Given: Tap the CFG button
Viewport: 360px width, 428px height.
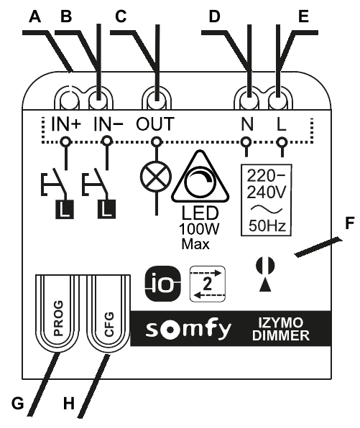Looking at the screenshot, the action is pos(108,314).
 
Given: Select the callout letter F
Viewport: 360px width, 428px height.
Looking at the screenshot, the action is pos(350,223).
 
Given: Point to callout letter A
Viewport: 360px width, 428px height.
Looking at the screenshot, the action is pos(35,17).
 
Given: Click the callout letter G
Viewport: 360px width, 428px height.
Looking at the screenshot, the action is pos(18,403).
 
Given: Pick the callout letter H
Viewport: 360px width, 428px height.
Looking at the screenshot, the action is pos(69,403).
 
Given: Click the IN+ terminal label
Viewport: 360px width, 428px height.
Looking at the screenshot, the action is pos(66,124).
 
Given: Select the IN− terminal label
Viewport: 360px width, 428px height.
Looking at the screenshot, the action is pos(109,124).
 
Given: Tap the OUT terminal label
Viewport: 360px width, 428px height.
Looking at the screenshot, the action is pos(155,124).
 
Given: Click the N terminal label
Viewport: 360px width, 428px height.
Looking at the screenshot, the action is pos(247,124).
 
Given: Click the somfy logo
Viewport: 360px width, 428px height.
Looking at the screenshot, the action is pos(188,329).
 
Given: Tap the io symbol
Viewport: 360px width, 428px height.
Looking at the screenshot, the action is pos(163,284).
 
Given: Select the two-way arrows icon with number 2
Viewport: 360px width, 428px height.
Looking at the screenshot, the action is pos(208,284).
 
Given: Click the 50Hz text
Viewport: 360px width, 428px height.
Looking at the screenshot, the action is pos(267,226).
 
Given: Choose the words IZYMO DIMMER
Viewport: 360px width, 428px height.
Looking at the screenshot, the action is pos(281,329).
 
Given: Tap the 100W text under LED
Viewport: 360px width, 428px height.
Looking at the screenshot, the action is pos(199,229).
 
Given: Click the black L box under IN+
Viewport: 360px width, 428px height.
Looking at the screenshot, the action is pos(65,209).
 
